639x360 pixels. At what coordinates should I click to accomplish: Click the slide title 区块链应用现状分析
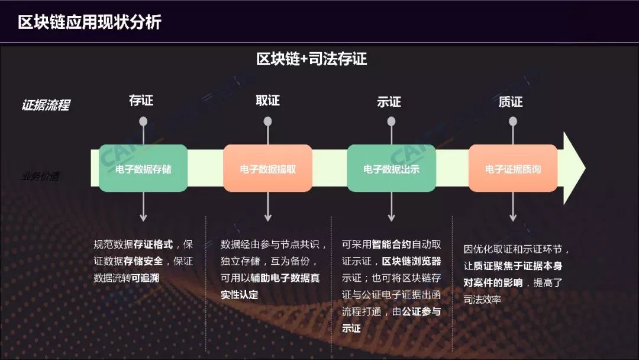pos(89,22)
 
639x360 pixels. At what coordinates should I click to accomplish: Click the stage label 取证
pos(267,101)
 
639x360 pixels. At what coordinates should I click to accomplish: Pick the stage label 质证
pos(511,102)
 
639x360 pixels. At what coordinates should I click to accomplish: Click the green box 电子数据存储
pos(143,169)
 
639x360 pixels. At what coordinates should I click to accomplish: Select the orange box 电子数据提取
pos(267,169)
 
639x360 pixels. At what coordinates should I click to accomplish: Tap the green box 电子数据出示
pos(391,169)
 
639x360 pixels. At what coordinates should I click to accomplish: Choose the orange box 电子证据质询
pos(513,169)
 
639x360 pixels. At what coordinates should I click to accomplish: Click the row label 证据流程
pos(46,105)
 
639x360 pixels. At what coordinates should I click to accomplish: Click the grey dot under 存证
pos(143,121)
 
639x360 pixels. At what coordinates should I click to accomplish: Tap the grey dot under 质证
pos(513,121)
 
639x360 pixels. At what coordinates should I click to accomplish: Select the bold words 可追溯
pos(145,277)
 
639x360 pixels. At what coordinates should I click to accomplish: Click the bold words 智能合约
pos(392,244)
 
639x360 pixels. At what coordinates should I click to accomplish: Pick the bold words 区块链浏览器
pos(412,261)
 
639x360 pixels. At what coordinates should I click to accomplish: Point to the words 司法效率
pos(482,300)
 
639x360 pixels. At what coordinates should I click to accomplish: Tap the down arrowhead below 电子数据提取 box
pos(268,217)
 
